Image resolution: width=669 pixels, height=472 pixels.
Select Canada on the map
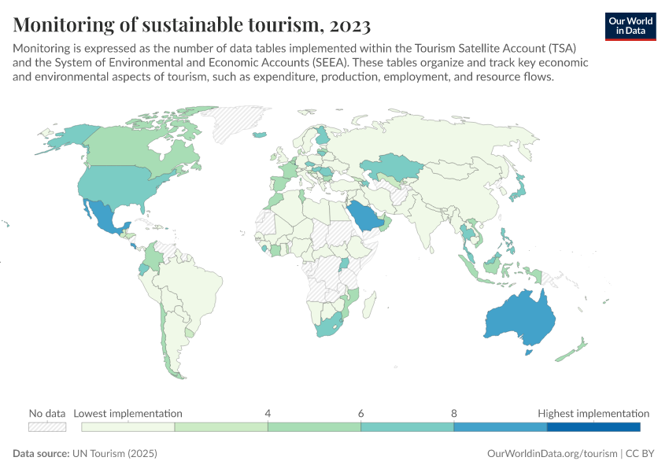point(126,146)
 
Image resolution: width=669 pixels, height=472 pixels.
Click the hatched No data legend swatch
point(47,426)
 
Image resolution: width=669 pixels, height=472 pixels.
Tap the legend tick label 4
point(268,413)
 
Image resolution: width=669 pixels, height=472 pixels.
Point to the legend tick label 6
point(360,413)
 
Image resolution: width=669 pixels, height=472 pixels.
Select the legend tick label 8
point(454,413)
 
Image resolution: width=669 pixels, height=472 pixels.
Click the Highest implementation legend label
point(593,413)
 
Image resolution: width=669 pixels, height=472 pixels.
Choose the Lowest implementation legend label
point(128,413)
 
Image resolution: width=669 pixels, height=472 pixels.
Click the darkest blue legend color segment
point(593,426)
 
